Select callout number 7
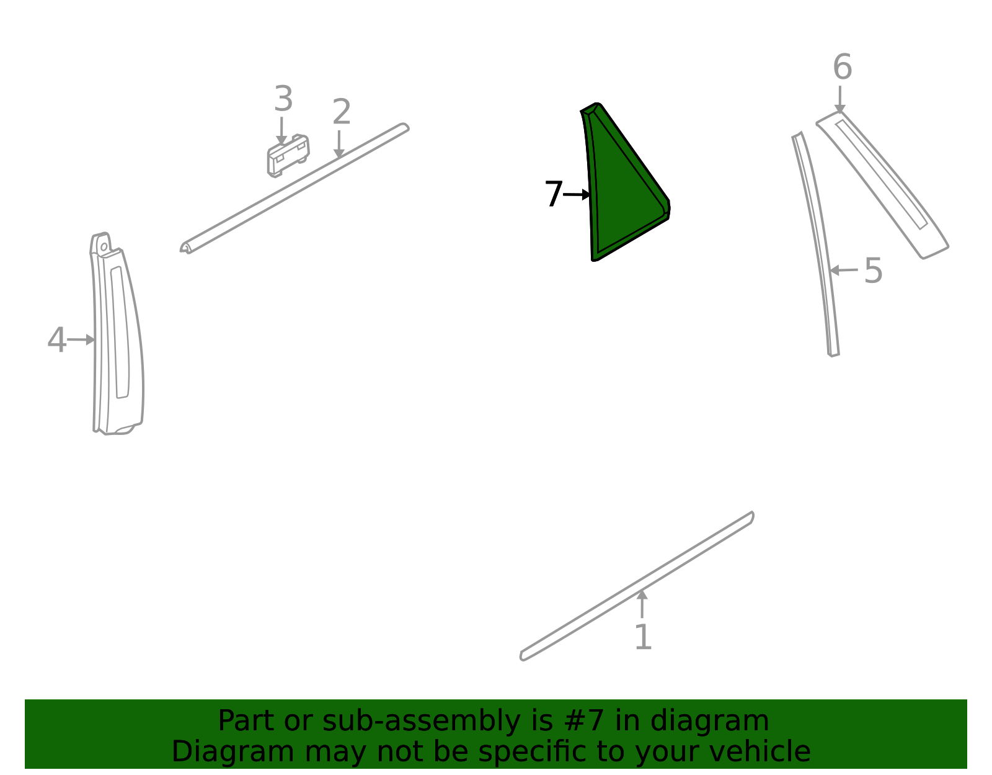tap(554, 194)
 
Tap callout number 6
tap(842, 66)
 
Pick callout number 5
tap(873, 271)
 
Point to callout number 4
tap(57, 339)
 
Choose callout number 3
tap(283, 98)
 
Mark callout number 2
tap(342, 112)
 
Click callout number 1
tap(643, 637)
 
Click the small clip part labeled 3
tap(288, 156)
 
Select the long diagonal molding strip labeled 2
tap(294, 188)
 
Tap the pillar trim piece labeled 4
tap(117, 333)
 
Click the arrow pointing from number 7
tap(577, 195)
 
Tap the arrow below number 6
tap(839, 99)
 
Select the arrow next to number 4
tap(81, 339)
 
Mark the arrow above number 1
tap(642, 604)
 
